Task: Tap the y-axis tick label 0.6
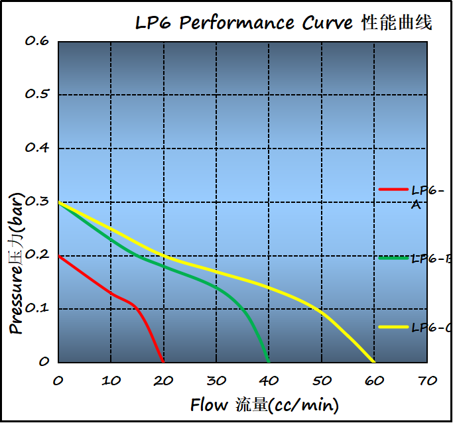(37, 41)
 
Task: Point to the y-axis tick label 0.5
(37, 94)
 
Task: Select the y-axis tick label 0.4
(37, 148)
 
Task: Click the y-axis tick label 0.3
(37, 202)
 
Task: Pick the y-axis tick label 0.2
(37, 255)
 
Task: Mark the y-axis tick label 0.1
(37, 309)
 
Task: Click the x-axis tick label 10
(111, 381)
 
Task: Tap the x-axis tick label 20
(163, 381)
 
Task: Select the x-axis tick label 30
(216, 381)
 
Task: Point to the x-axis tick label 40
(269, 381)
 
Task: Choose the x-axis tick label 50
(322, 381)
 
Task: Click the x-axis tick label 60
(374, 381)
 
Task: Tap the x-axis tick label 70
(427, 381)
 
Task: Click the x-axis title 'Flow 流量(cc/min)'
(264, 404)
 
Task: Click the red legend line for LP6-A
(393, 190)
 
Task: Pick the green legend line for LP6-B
(393, 258)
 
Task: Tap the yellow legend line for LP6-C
(393, 327)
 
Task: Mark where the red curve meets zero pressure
(163, 362)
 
